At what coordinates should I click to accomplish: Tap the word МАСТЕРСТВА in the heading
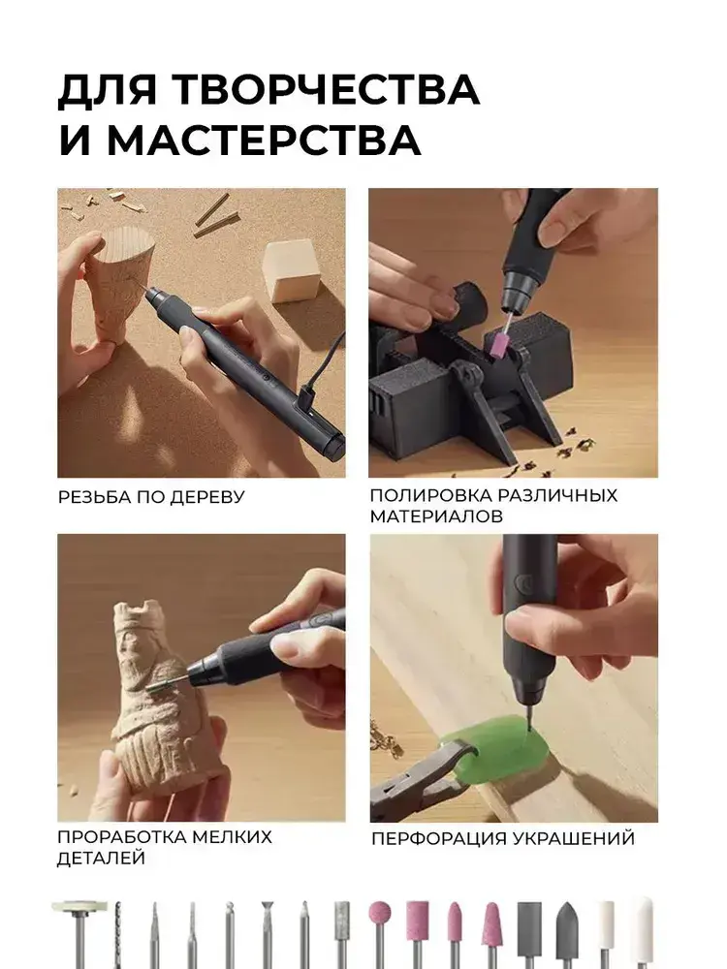[264, 141]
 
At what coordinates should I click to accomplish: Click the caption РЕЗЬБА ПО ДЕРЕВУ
[151, 497]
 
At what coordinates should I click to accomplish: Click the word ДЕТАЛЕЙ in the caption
[101, 859]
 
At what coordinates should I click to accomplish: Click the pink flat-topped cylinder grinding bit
[417, 919]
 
